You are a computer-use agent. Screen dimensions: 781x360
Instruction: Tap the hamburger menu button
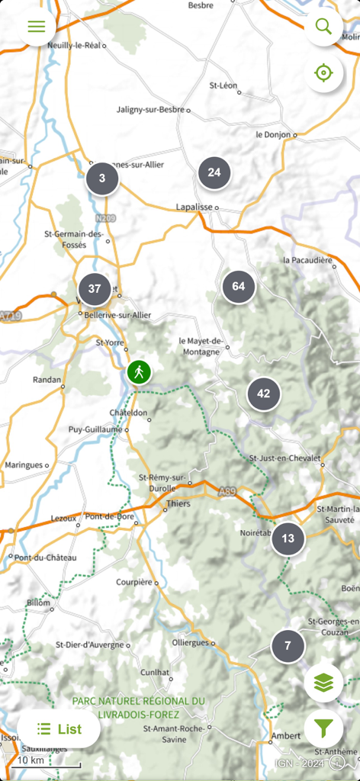pyautogui.click(x=37, y=27)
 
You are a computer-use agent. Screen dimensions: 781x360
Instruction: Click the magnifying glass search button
pyautogui.click(x=323, y=27)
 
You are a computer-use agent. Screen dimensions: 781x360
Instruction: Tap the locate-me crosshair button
pyautogui.click(x=323, y=73)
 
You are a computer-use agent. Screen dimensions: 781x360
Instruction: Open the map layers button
pyautogui.click(x=323, y=683)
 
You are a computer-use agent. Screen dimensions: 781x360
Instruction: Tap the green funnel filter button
pyautogui.click(x=323, y=730)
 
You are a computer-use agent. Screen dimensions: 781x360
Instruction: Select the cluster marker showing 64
pyautogui.click(x=239, y=287)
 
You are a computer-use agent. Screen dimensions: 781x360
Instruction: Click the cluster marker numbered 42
pyautogui.click(x=264, y=394)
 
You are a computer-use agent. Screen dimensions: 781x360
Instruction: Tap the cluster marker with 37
pyautogui.click(x=95, y=289)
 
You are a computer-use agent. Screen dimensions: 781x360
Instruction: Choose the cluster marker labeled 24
pyautogui.click(x=214, y=172)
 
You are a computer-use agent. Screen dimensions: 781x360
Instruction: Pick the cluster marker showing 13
pyautogui.click(x=288, y=538)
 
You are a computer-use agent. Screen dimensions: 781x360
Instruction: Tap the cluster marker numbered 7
pyautogui.click(x=288, y=646)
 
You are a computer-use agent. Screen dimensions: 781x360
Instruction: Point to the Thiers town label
pyautogui.click(x=178, y=503)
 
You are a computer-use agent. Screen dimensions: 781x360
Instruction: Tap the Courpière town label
pyautogui.click(x=134, y=582)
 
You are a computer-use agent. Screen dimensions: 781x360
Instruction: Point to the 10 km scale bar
pyautogui.click(x=47, y=762)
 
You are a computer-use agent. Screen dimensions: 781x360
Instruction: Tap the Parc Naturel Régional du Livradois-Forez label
pyautogui.click(x=138, y=708)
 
